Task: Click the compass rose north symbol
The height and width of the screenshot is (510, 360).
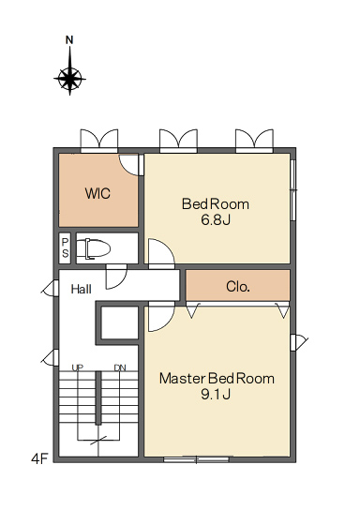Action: pyautogui.click(x=69, y=79)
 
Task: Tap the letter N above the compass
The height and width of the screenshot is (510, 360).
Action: pyautogui.click(x=69, y=40)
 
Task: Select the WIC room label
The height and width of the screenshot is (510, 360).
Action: pyautogui.click(x=97, y=193)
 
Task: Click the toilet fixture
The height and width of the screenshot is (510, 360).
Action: pyautogui.click(x=94, y=249)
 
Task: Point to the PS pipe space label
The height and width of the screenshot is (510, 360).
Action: pyautogui.click(x=66, y=247)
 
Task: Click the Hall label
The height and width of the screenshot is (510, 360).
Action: pyautogui.click(x=82, y=289)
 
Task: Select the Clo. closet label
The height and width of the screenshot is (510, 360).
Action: pyautogui.click(x=238, y=287)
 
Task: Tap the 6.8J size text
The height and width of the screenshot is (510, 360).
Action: pyautogui.click(x=216, y=220)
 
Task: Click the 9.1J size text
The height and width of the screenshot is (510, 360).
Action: pyautogui.click(x=216, y=394)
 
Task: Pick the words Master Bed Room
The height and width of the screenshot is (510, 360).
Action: pyautogui.click(x=217, y=379)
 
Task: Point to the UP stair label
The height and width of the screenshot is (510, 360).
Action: pyautogui.click(x=78, y=367)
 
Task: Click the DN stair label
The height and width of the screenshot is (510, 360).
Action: pyautogui.click(x=120, y=367)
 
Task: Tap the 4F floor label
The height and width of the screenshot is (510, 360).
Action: pyautogui.click(x=39, y=459)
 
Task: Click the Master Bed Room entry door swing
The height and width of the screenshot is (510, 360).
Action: pyautogui.click(x=161, y=317)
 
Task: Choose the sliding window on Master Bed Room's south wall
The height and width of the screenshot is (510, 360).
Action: pyautogui.click(x=196, y=459)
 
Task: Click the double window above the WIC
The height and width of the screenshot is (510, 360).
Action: pyautogui.click(x=99, y=141)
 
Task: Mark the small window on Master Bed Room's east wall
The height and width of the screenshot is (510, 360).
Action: pyautogui.click(x=298, y=342)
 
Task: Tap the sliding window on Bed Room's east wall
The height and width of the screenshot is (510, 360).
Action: pyautogui.click(x=293, y=190)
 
